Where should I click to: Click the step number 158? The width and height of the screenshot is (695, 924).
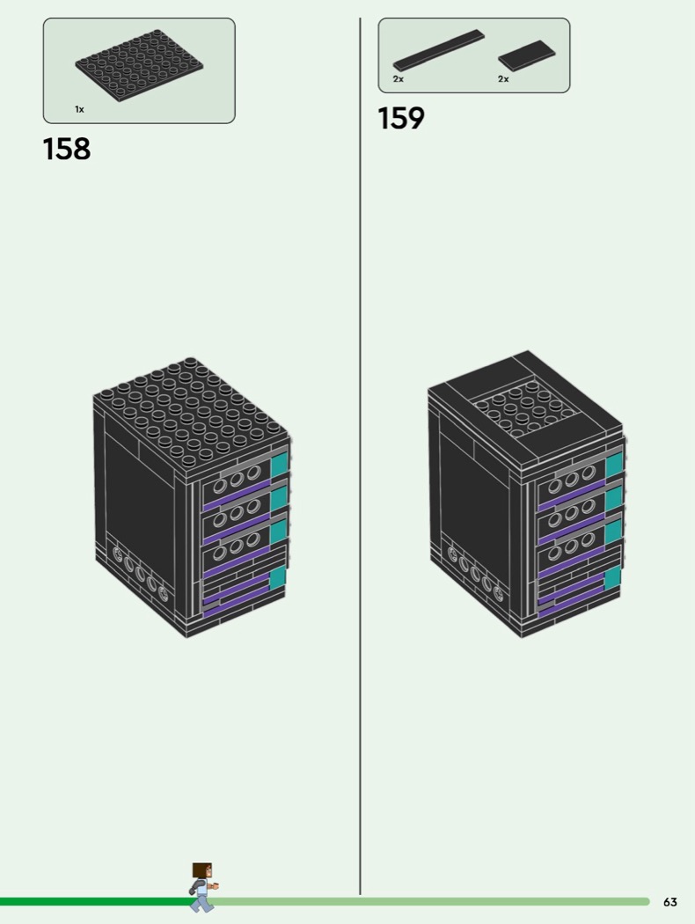[67, 149]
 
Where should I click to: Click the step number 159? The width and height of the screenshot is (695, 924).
[401, 118]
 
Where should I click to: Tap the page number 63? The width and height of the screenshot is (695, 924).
[670, 902]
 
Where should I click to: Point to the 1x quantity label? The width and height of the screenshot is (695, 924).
[79, 109]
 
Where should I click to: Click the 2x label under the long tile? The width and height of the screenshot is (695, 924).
[399, 79]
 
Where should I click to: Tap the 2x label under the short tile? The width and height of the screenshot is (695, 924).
[503, 79]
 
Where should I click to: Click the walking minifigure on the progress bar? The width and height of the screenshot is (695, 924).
[202, 886]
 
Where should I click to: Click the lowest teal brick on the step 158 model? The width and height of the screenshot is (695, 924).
[278, 577]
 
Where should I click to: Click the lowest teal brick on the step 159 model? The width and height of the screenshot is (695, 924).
[612, 577]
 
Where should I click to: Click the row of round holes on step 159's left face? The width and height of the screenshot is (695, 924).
[476, 572]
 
